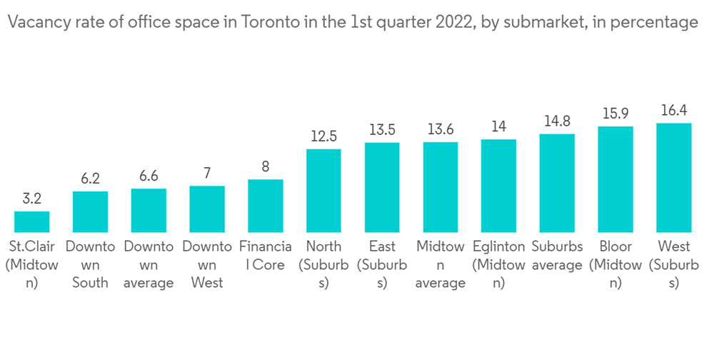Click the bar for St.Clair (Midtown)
31,221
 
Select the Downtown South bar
90,211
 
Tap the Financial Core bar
266,206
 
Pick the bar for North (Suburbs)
323,191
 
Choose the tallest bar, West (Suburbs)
674,177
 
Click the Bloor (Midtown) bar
615,179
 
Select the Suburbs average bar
557,183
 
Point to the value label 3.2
31,199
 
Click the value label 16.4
674,111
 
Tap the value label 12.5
323,136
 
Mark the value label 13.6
441,130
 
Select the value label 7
207,174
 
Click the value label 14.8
557,121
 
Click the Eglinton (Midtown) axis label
498,264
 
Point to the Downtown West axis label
207,264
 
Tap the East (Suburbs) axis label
382,264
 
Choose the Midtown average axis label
441,264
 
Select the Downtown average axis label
149,264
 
